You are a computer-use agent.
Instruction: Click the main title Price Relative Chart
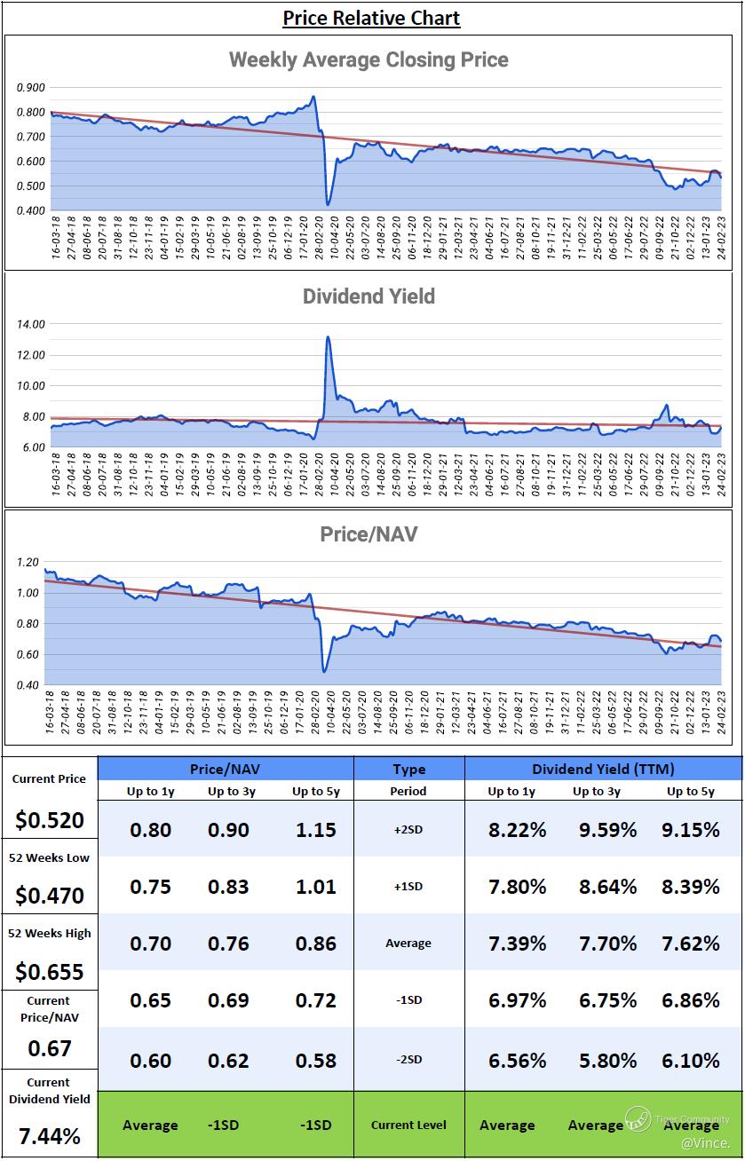pyautogui.click(x=371, y=18)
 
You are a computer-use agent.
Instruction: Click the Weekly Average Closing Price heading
pyautogui.click(x=369, y=60)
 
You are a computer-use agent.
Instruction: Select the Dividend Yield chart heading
pyautogui.click(x=369, y=296)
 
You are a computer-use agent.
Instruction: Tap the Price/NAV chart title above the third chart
pyautogui.click(x=369, y=534)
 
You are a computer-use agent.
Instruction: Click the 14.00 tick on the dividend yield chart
pyautogui.click(x=31, y=324)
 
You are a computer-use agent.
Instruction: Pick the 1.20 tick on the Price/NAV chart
pyautogui.click(x=28, y=562)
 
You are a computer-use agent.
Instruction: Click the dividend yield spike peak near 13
pyautogui.click(x=329, y=337)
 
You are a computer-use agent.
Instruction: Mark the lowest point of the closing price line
pyautogui.click(x=328, y=205)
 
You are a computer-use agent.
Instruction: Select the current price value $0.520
pyautogui.click(x=49, y=821)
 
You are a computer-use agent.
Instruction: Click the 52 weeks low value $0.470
pyautogui.click(x=49, y=896)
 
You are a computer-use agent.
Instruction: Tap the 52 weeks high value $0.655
pyautogui.click(x=49, y=972)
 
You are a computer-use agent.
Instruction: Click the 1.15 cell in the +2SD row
pyautogui.click(x=316, y=831)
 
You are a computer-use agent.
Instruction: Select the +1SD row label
pyautogui.click(x=408, y=887)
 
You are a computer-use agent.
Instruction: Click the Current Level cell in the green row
pyautogui.click(x=408, y=1125)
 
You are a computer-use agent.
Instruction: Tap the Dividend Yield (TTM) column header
pyautogui.click(x=603, y=770)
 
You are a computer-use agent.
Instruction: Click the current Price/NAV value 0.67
pyautogui.click(x=49, y=1049)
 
